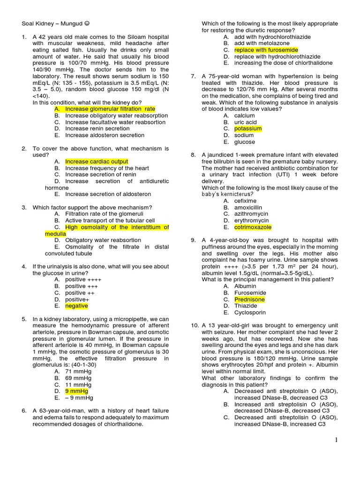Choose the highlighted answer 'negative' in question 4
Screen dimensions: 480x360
76,306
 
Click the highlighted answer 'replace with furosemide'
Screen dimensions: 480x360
266,50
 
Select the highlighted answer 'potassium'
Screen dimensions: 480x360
248,128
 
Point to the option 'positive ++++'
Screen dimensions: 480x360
83,279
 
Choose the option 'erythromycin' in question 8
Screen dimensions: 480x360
252,220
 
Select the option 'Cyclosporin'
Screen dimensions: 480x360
250,312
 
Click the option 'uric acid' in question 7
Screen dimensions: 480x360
246,122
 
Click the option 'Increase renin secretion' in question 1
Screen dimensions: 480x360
97,128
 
